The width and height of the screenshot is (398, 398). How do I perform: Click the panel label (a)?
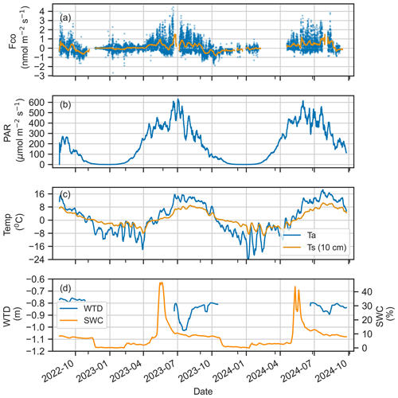pos(65,15)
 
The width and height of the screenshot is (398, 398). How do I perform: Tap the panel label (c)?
pos(65,194)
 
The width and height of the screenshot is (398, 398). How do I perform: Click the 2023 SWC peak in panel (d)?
pos(162,283)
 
